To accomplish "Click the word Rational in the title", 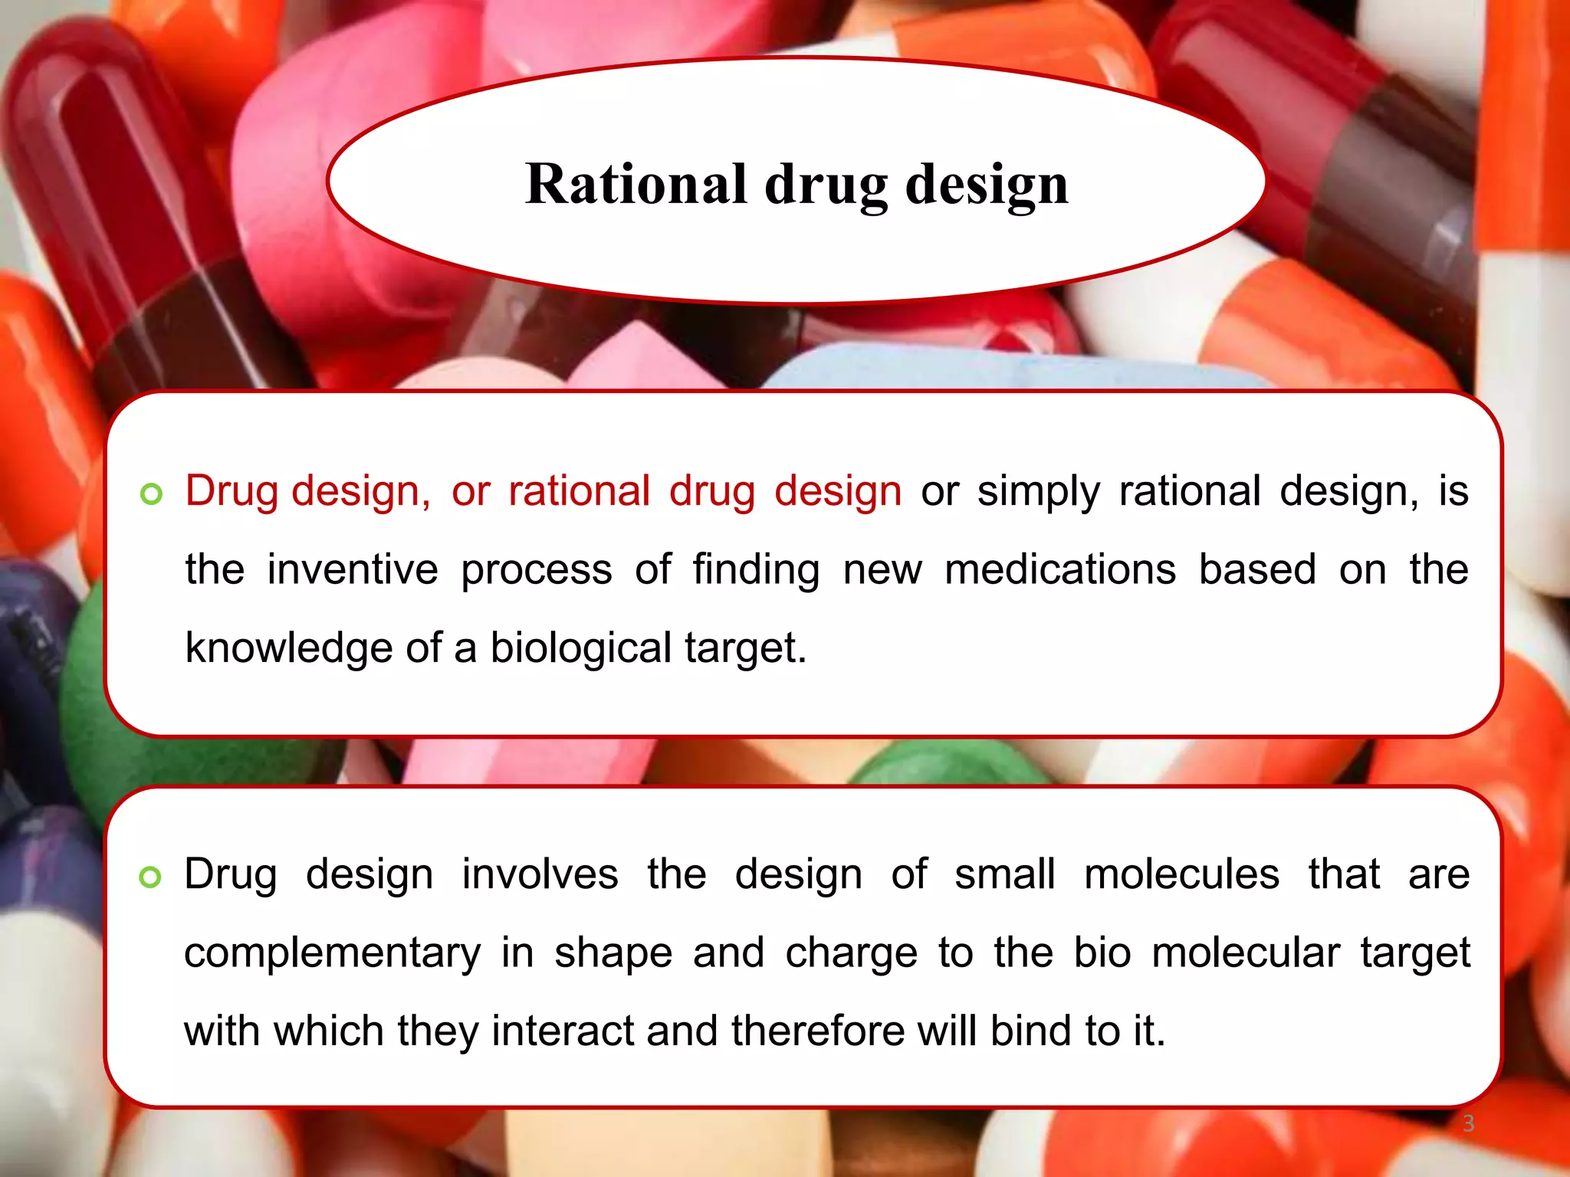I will coord(636,185).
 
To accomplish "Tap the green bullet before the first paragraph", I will coord(152,494).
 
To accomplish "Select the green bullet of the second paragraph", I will coord(150,877).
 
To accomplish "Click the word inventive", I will coord(353,570).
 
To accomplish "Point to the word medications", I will coord(1060,570).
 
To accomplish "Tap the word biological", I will coord(581,648).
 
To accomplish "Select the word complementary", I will coord(333,954).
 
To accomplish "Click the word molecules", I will coord(1181,875).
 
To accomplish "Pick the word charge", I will coord(852,954).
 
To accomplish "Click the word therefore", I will coord(818,1031).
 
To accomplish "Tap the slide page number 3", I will coord(1468,1123).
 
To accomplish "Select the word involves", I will coord(540,875).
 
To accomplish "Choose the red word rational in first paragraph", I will coord(580,491).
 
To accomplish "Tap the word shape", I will coord(613,954).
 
